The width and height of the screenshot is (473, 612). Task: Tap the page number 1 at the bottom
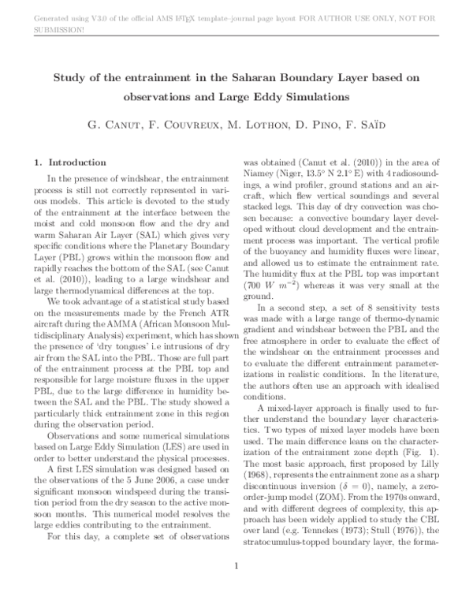point(236,588)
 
